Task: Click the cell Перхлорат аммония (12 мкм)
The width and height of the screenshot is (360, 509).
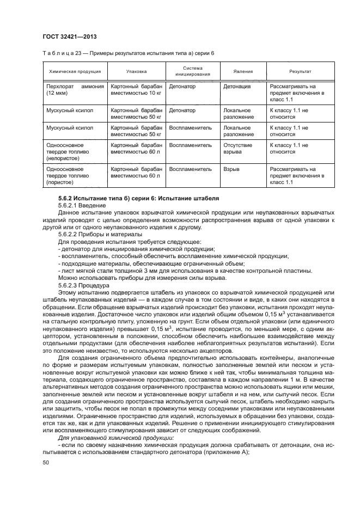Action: (x=74, y=90)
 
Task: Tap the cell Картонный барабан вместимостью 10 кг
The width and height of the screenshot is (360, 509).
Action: (x=136, y=90)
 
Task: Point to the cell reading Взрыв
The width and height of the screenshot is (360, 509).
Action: (x=233, y=169)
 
